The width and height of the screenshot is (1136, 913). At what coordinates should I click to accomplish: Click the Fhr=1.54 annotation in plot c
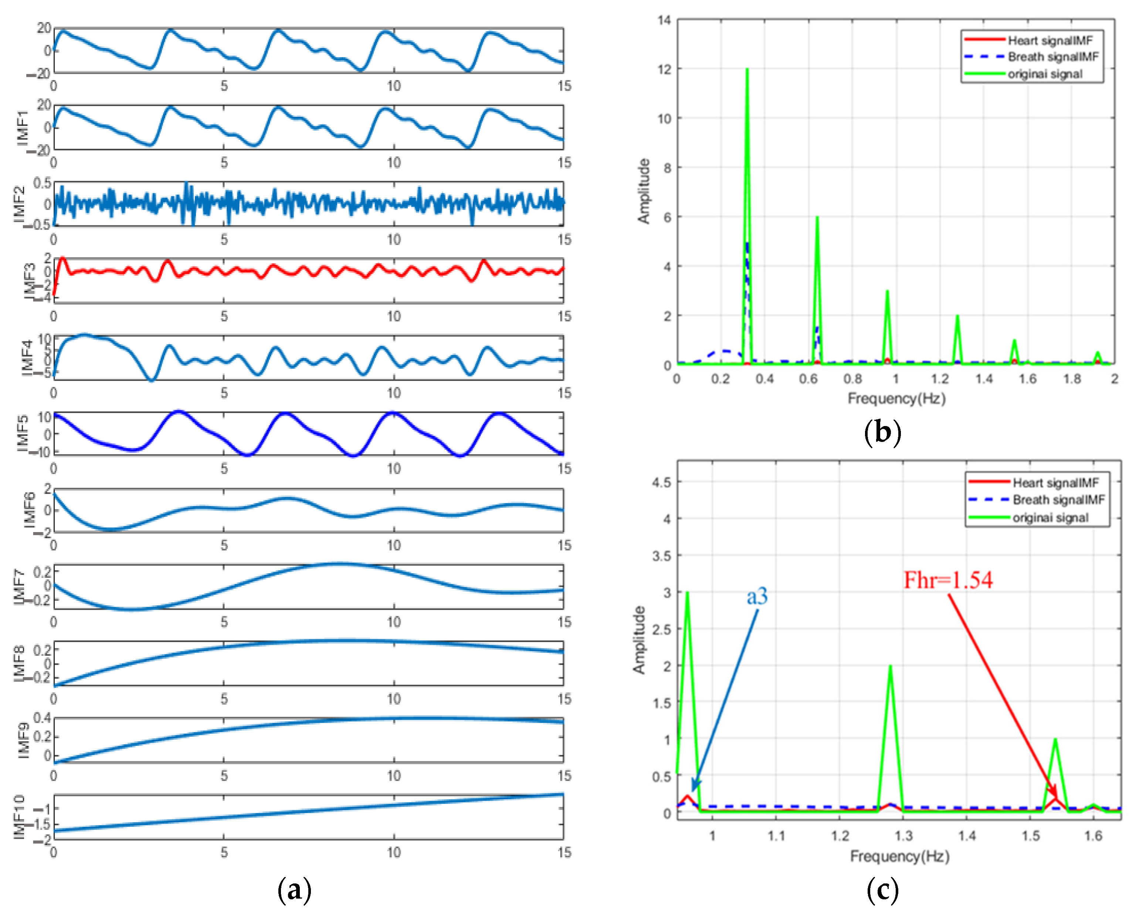point(947,580)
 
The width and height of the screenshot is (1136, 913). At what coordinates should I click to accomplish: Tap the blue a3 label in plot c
point(757,596)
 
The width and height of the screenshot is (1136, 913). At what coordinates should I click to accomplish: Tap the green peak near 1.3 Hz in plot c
point(890,668)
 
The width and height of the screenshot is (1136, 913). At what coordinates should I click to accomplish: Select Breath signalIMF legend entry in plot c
point(1058,499)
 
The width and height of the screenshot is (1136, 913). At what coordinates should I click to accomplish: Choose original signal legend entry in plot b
point(1044,74)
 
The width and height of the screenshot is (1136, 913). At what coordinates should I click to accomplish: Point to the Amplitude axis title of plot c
point(639,639)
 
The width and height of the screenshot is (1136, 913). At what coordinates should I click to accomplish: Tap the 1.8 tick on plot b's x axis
point(1071,379)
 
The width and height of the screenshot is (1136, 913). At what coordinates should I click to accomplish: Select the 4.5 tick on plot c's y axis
point(661,482)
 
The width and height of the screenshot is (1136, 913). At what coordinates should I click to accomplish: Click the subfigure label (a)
point(294,890)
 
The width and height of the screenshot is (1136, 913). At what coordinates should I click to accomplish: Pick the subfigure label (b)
point(882,432)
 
